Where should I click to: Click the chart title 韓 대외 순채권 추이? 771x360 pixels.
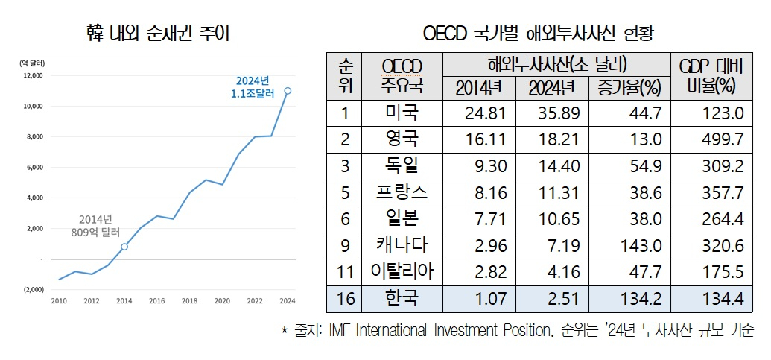point(157,34)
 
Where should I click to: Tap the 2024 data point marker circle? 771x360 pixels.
point(288,91)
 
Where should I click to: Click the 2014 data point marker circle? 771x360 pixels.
point(124,247)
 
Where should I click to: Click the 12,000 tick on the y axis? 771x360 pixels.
point(33,75)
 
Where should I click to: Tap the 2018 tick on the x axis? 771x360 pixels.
point(190,301)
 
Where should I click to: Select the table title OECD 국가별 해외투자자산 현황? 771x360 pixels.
point(542,34)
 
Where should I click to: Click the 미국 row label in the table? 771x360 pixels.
point(402,113)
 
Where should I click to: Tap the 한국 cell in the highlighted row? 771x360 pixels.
point(402,299)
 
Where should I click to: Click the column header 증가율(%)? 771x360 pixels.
point(629,88)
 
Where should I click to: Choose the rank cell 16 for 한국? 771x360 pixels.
point(344,299)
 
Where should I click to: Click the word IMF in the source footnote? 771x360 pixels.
point(340,330)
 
